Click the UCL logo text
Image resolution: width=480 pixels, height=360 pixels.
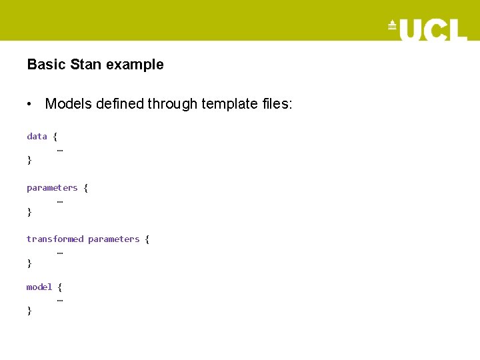433,29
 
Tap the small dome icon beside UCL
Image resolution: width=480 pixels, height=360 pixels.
392,27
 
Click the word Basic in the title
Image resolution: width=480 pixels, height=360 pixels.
41,65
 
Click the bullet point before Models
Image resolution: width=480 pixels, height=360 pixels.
30,104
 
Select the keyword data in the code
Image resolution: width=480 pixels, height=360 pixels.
37,136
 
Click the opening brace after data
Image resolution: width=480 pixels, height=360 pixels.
55,136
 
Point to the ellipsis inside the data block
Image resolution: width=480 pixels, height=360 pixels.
60,149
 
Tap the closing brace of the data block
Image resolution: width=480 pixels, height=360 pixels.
29,160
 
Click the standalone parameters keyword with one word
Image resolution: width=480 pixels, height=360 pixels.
52,188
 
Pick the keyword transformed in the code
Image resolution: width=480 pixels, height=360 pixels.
55,239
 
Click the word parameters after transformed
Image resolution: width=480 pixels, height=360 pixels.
113,239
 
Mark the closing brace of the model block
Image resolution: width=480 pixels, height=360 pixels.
29,311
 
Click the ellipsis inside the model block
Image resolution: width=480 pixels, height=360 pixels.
60,299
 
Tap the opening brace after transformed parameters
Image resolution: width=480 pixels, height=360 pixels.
147,239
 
